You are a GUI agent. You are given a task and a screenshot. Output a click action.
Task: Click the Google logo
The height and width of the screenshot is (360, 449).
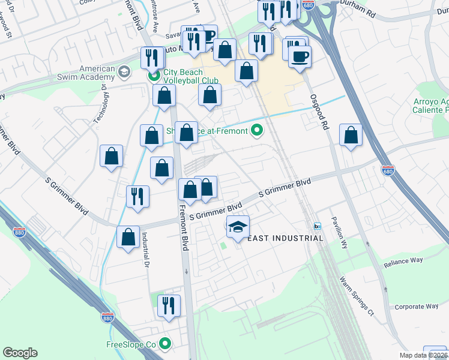coord(20,353)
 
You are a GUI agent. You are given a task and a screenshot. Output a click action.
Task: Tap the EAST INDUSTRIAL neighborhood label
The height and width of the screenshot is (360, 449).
coord(286,238)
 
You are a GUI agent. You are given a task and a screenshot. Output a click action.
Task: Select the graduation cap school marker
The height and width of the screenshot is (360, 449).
coord(238,227)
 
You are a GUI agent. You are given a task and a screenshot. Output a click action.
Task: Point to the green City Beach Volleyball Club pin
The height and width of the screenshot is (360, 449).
coord(154,77)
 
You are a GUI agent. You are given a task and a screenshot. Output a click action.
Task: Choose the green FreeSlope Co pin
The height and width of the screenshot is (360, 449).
coord(165,344)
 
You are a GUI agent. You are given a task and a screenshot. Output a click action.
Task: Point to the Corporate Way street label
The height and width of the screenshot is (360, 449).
coord(416,307)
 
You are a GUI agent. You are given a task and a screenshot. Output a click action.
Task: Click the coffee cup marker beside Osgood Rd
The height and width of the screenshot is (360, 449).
coord(300,57)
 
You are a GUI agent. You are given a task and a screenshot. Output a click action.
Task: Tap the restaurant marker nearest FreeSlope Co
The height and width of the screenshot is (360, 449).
coord(169,306)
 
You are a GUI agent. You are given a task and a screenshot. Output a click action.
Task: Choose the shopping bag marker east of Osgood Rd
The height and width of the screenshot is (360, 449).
coord(351,136)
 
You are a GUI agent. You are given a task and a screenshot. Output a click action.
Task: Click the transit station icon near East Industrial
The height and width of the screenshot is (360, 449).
coord(317,226)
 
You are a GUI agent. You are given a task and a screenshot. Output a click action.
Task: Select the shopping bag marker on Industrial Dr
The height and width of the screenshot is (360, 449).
coord(128,237)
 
